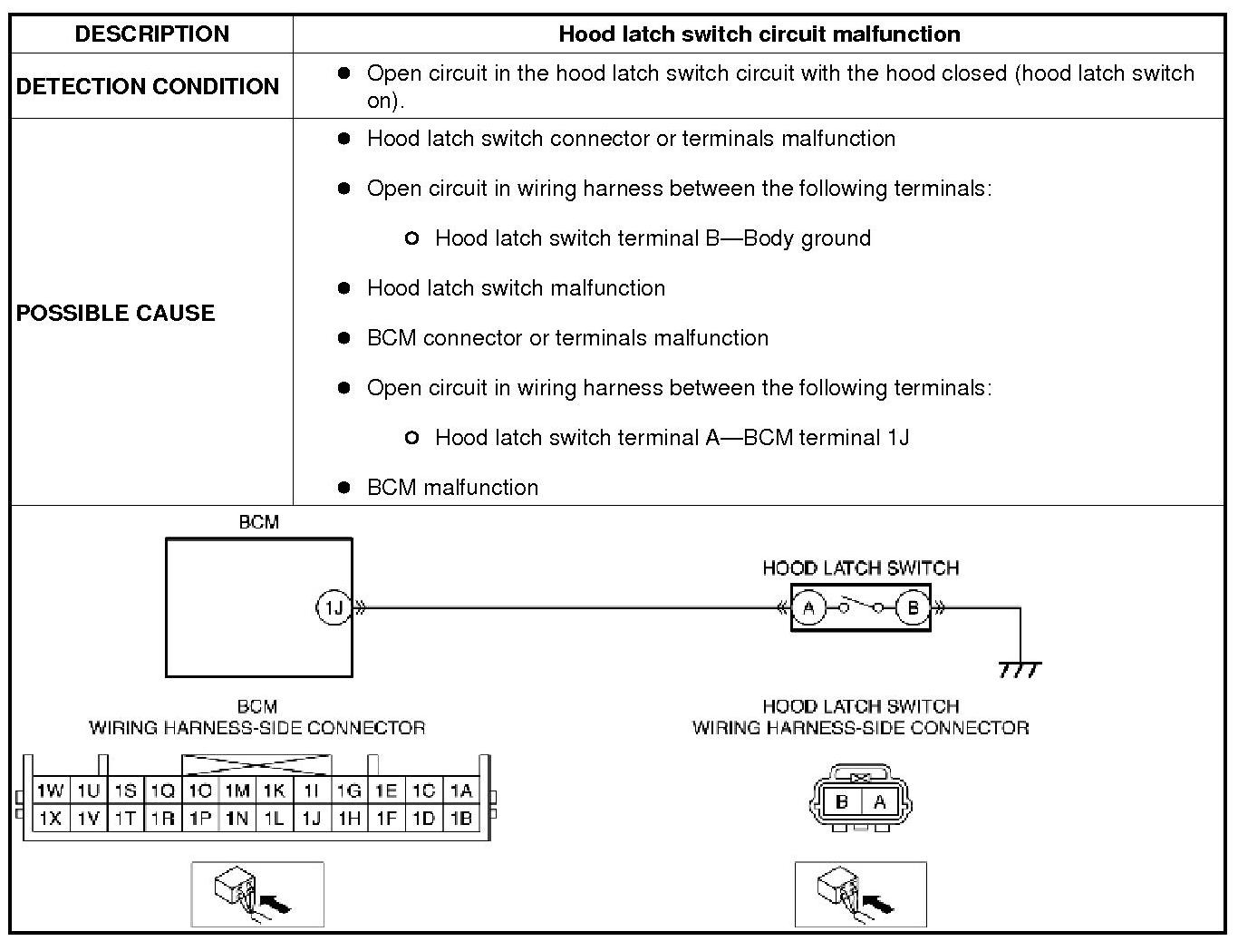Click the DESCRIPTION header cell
coord(151,34)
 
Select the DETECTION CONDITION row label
coord(148,86)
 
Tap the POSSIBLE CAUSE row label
coord(116,313)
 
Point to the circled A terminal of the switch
coord(809,607)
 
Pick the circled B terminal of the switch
coord(913,607)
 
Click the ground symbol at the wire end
coord(1020,670)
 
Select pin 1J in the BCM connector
coord(312,819)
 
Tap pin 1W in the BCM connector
coord(50,791)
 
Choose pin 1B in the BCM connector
coord(461,819)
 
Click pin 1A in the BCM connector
coord(461,791)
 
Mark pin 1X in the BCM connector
coord(50,819)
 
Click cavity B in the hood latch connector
coord(842,801)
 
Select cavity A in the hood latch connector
coord(878,801)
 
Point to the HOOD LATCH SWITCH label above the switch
coord(860,568)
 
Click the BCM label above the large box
coord(258,522)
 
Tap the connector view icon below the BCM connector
coord(257,894)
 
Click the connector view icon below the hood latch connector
coord(860,894)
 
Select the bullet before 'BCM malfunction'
coord(343,487)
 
